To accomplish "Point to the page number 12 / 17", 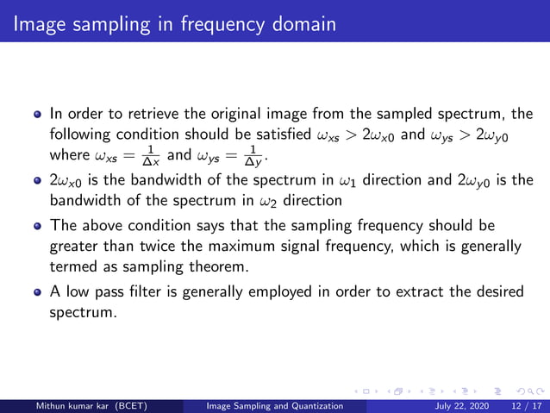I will [x=523, y=405].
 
